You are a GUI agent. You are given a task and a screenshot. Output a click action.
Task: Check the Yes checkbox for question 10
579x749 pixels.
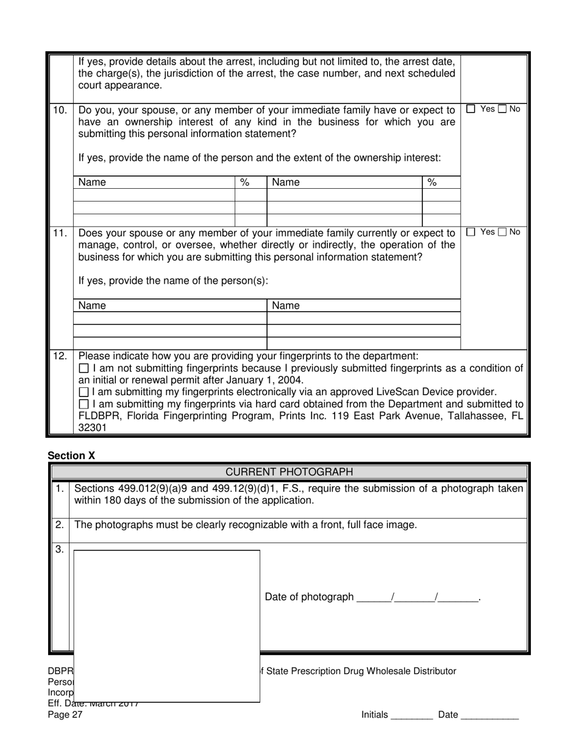[471, 110]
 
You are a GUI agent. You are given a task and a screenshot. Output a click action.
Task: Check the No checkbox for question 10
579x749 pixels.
[502, 110]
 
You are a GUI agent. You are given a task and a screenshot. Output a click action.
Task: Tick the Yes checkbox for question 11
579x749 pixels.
[471, 232]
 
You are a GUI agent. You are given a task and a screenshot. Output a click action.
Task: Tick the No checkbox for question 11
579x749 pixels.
[502, 232]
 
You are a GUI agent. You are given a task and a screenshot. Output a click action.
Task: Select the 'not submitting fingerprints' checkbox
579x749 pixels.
[84, 368]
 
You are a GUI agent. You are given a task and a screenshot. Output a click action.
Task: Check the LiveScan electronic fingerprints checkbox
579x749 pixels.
[84, 392]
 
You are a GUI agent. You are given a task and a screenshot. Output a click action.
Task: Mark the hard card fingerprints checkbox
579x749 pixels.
[84, 404]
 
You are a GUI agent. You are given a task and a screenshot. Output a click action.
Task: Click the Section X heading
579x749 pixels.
[71, 455]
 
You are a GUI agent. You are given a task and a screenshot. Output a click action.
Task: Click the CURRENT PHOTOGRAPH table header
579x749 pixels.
[289, 472]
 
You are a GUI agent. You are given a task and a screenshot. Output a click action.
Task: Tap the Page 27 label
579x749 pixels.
[65, 715]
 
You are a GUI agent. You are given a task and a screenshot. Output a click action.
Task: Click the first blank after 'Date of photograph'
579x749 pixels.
[373, 598]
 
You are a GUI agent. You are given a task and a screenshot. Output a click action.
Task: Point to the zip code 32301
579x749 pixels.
[93, 427]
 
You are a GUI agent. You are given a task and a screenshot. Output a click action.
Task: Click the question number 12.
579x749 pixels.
[60, 356]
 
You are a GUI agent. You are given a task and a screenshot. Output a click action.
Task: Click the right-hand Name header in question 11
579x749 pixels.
[286, 305]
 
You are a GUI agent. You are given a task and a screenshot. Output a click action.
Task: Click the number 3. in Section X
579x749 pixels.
[60, 549]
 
